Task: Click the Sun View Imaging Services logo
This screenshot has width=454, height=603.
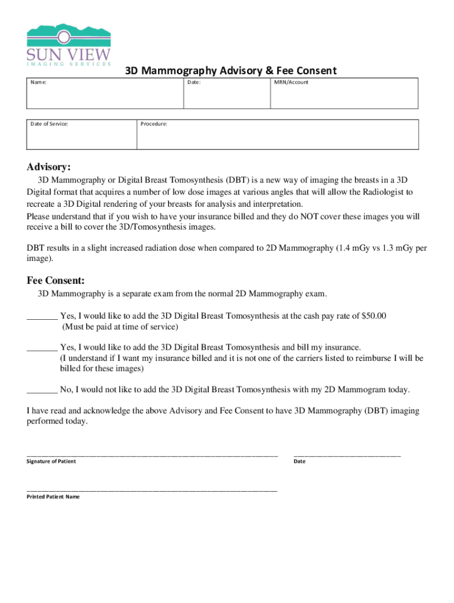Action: [69, 45]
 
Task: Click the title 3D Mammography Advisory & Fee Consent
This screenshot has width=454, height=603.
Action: [231, 71]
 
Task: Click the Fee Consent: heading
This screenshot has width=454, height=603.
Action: [55, 280]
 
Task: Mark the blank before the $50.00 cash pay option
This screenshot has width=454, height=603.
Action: [42, 317]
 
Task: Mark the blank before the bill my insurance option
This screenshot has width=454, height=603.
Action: [42, 348]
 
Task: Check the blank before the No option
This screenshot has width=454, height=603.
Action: [42, 390]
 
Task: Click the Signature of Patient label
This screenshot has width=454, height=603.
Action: [51, 461]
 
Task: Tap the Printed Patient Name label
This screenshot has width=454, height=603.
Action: [53, 496]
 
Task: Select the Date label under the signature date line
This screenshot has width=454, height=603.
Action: [300, 461]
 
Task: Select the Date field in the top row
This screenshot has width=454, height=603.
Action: [227, 94]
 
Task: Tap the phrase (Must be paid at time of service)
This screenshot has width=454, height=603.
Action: [120, 326]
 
